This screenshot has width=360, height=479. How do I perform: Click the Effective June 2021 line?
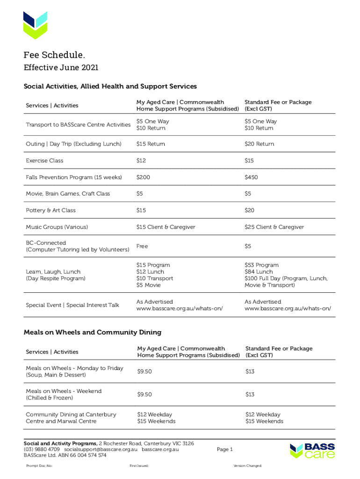point(61,68)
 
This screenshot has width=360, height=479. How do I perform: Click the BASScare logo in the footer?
point(312,450)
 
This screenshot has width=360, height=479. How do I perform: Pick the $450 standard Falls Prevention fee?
point(251,177)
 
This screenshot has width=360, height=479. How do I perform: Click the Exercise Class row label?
point(44,160)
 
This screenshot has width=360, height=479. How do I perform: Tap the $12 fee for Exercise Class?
point(141,160)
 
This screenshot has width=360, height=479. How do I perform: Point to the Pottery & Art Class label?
point(50,210)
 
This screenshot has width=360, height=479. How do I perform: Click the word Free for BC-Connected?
point(142,246)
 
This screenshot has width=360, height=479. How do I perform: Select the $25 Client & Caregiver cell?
point(274,227)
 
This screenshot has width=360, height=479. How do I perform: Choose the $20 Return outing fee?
point(259,144)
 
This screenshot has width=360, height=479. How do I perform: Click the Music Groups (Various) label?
point(57,227)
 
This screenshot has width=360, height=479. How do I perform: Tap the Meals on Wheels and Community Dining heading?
point(93,332)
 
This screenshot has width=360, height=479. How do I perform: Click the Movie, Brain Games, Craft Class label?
point(68,194)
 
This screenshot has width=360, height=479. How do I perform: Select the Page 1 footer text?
point(225,450)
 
